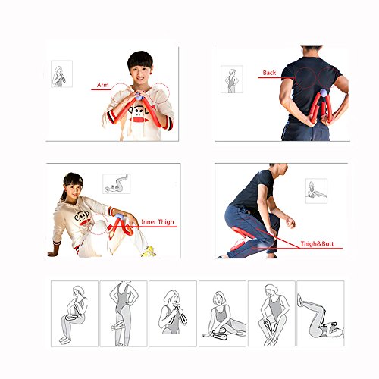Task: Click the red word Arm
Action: click(x=103, y=85)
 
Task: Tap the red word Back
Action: click(x=269, y=73)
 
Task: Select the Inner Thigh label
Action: click(x=158, y=222)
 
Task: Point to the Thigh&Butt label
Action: click(x=317, y=244)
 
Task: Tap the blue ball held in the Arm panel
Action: click(x=139, y=96)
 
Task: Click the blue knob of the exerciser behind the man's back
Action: click(x=324, y=92)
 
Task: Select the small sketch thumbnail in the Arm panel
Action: click(x=61, y=74)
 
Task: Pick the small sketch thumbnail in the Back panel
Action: click(x=232, y=80)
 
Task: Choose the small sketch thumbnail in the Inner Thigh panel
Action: click(x=117, y=183)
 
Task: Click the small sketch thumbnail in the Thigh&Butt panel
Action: click(x=316, y=191)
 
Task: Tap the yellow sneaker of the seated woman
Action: click(x=149, y=252)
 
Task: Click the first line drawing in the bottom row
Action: click(x=74, y=314)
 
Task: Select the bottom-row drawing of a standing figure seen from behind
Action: click(x=124, y=314)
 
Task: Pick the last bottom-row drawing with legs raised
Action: click(x=321, y=313)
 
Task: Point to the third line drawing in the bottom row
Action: click(x=173, y=314)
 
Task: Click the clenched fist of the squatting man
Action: click(x=290, y=223)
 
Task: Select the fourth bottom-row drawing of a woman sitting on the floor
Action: click(x=222, y=314)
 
